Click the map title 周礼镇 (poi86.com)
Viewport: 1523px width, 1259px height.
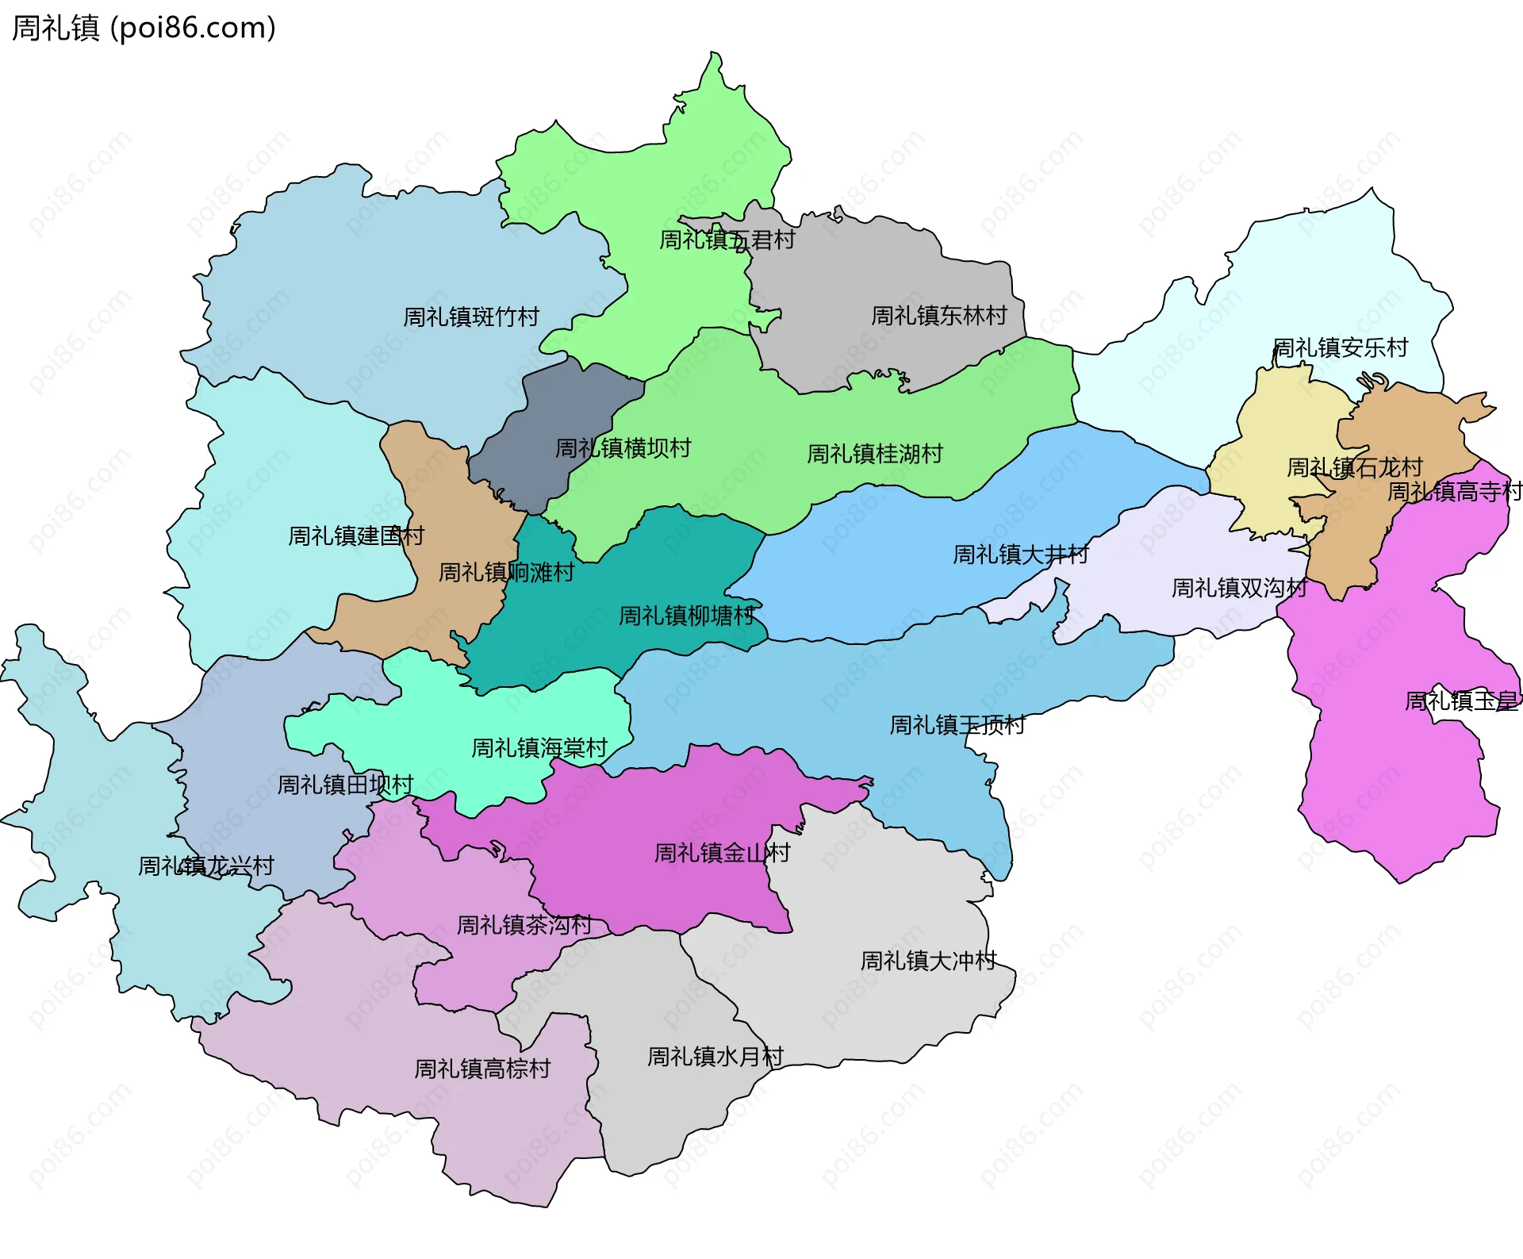click(144, 28)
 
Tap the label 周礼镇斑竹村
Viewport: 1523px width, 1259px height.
click(470, 317)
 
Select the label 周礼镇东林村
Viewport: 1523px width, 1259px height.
click(938, 316)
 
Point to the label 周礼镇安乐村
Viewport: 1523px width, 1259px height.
click(1340, 347)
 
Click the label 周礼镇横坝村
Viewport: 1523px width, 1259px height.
click(623, 448)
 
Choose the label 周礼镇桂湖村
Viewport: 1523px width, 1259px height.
click(874, 454)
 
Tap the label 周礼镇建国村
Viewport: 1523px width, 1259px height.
click(355, 536)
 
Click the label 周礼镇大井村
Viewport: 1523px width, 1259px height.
click(1020, 555)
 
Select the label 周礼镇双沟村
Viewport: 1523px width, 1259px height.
click(1239, 588)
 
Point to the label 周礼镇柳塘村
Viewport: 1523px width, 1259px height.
click(686, 616)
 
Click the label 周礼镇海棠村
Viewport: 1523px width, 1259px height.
click(539, 748)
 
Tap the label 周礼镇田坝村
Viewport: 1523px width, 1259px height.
click(345, 785)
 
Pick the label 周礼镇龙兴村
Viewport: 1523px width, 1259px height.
click(206, 866)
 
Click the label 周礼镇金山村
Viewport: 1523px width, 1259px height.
click(722, 853)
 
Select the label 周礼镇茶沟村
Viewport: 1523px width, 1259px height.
click(524, 925)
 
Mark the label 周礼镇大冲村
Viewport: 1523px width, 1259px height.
click(928, 961)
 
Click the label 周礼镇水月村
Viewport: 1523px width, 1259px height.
click(715, 1057)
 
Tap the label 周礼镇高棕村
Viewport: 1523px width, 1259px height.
click(482, 1069)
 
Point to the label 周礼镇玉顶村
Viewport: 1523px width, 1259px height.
click(957, 725)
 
